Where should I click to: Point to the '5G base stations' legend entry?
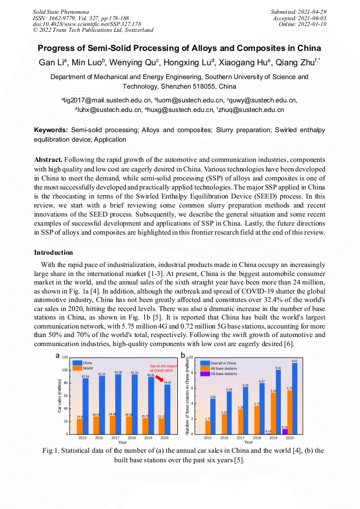pyautogui.click(x=224, y=374)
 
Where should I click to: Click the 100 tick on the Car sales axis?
pyautogui.click(x=65, y=370)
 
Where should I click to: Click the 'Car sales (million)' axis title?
pyautogui.click(x=59, y=395)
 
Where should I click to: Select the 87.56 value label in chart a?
pyautogui.click(x=85, y=376)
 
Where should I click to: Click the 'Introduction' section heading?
pyautogui.click(x=54, y=252)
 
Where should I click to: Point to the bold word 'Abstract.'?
pyautogui.click(x=48, y=160)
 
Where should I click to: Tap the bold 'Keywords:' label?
pyautogui.click(x=51, y=130)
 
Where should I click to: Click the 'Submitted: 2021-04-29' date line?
pyautogui.click(x=298, y=11)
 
